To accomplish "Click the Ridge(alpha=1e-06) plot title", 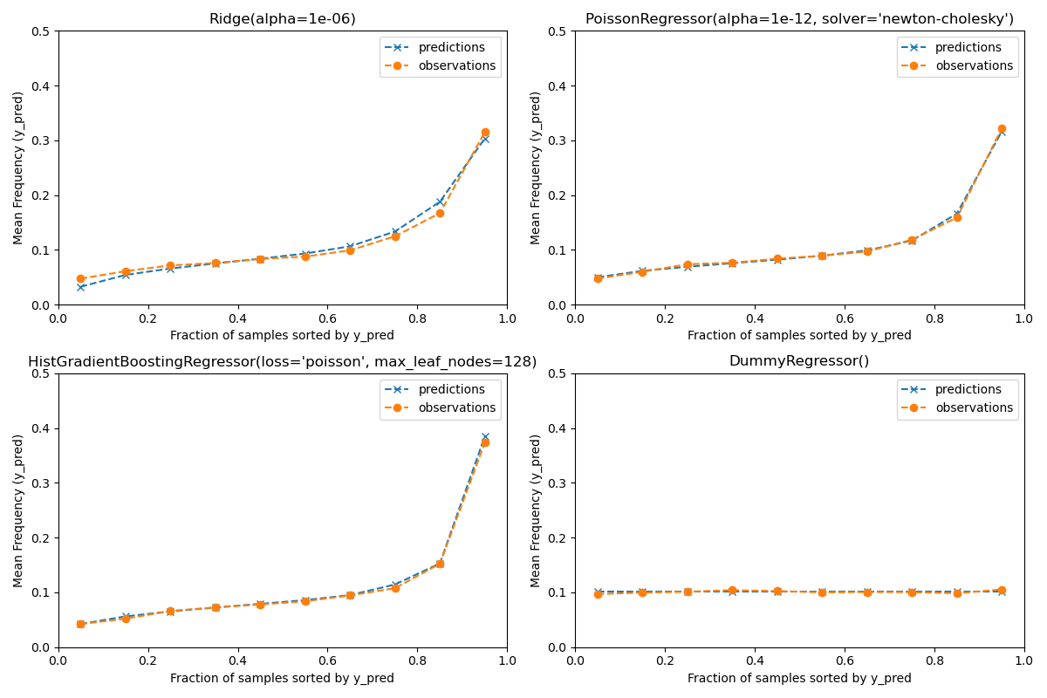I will (282, 19).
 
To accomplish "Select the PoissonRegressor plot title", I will (799, 19).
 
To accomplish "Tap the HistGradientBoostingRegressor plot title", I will (282, 362).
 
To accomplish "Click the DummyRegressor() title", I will (799, 361).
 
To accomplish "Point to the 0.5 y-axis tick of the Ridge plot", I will (41, 31).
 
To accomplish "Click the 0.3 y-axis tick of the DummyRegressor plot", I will (558, 483).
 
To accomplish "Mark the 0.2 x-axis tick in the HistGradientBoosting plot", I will (147, 661).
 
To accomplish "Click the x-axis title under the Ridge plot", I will (282, 335).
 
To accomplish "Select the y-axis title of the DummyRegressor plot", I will (537, 510).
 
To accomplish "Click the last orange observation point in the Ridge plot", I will (485, 133).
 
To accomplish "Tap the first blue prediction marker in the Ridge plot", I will (80, 287).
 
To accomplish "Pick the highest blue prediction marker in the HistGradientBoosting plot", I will (485, 437).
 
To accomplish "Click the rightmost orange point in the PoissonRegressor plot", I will (1002, 129).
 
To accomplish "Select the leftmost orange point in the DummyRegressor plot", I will (598, 594).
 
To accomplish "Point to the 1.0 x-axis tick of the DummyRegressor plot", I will (1023, 661).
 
